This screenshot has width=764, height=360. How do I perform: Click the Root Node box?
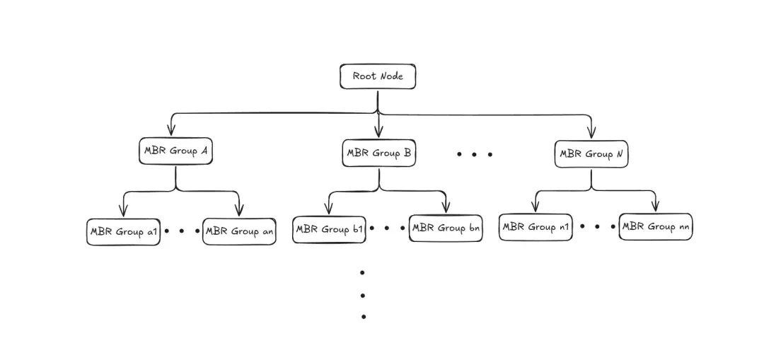(x=378, y=76)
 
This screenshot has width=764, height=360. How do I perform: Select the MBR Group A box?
(x=175, y=151)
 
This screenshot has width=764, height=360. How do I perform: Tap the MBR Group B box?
(x=378, y=153)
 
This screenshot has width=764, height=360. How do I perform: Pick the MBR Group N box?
(x=591, y=154)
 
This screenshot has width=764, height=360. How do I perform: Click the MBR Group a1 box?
(x=123, y=231)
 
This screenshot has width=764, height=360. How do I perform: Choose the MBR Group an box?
(x=239, y=231)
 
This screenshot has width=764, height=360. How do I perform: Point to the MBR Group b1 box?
(x=329, y=229)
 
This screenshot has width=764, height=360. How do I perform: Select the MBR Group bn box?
(x=446, y=228)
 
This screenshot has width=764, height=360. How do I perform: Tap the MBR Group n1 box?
(x=536, y=227)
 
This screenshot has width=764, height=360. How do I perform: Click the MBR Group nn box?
(x=656, y=226)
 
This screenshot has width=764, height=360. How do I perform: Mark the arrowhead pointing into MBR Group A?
(x=170, y=129)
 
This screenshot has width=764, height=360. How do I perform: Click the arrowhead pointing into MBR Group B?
(x=379, y=131)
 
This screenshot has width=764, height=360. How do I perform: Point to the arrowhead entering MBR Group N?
(x=591, y=132)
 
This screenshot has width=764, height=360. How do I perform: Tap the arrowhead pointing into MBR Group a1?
(x=123, y=211)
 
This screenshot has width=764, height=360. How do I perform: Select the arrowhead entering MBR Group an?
(x=239, y=210)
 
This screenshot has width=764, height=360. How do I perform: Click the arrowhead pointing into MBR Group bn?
(x=446, y=207)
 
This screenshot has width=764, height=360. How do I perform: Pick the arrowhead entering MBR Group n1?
(x=536, y=206)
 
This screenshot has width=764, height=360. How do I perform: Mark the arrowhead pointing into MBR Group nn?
(x=656, y=205)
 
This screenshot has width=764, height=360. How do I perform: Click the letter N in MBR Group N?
(x=620, y=154)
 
